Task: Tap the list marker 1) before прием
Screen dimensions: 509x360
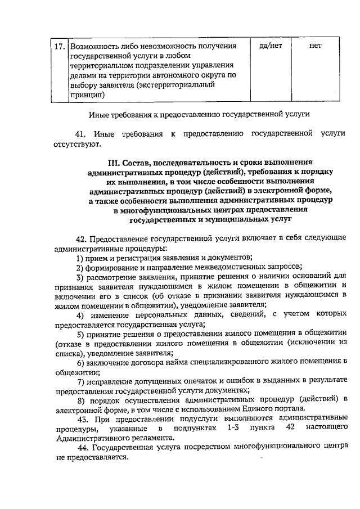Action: pyautogui.click(x=80, y=258)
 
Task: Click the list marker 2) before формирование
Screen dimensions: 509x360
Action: pyautogui.click(x=80, y=267)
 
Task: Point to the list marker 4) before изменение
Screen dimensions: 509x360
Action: pyautogui.click(x=80, y=316)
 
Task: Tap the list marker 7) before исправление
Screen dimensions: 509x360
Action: pyautogui.click(x=80, y=382)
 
